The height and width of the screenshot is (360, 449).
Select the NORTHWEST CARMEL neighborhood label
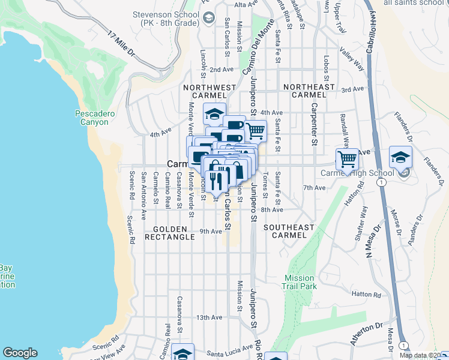point(209,91)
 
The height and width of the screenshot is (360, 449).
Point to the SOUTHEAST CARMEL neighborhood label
point(289,231)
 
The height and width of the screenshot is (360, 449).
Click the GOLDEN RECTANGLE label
point(173,233)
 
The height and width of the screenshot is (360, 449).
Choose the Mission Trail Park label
point(299,282)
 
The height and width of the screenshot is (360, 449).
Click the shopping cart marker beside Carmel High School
point(347,159)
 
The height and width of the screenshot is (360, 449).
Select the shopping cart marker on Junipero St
point(256,130)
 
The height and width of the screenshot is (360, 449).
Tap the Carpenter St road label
point(313,124)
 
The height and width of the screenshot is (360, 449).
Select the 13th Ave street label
point(209,317)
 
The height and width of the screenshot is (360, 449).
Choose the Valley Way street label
point(352,60)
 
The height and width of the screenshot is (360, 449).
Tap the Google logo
point(20,353)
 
